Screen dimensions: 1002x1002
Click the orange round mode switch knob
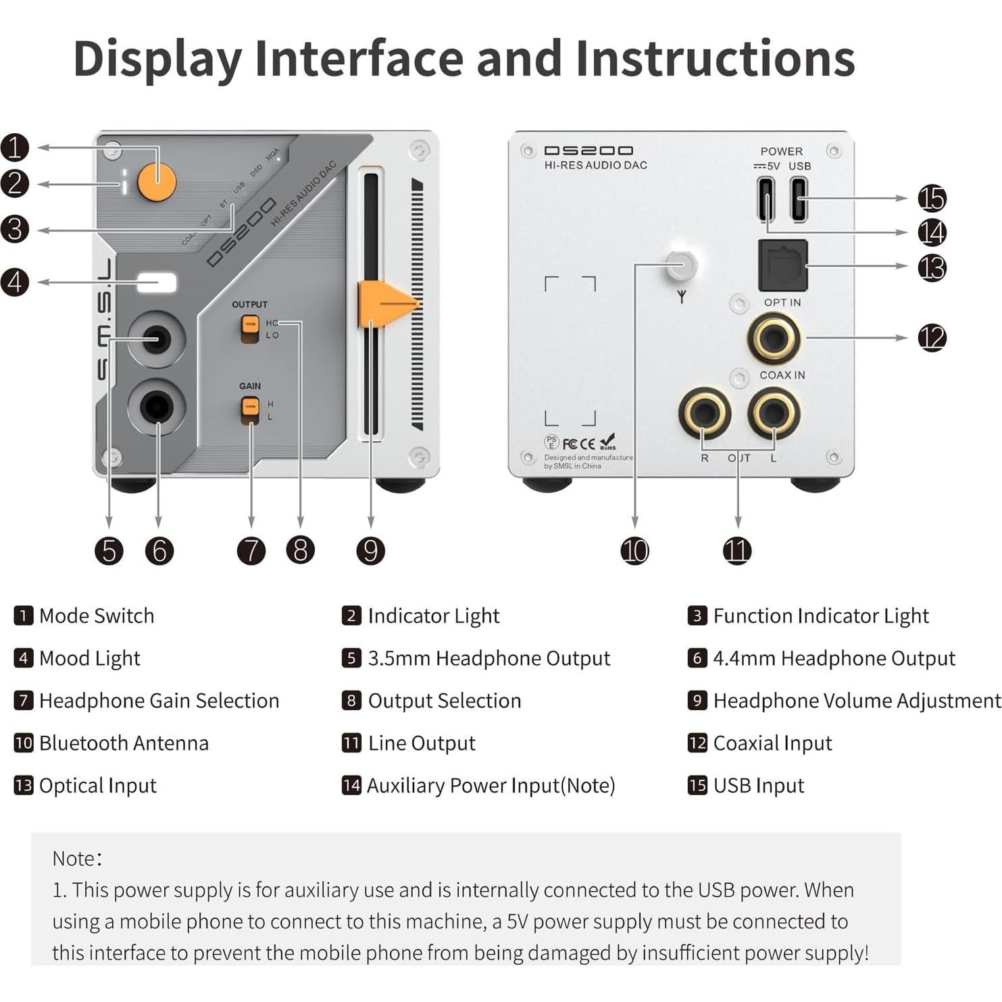coord(157,181)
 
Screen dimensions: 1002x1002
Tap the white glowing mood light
coord(157,282)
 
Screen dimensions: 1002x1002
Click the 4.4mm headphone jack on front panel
coord(157,407)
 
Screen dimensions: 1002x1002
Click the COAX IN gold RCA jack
coord(774,338)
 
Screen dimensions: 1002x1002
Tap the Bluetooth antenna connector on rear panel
coord(681,264)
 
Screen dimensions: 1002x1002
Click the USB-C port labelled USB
coord(799,199)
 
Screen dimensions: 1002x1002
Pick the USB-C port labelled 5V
coord(766,199)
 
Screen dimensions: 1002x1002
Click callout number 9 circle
coord(370,551)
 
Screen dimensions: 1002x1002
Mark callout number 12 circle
coord(932,338)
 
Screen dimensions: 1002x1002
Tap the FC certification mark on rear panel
coord(570,444)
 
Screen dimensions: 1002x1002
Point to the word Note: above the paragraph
coord(77,858)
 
